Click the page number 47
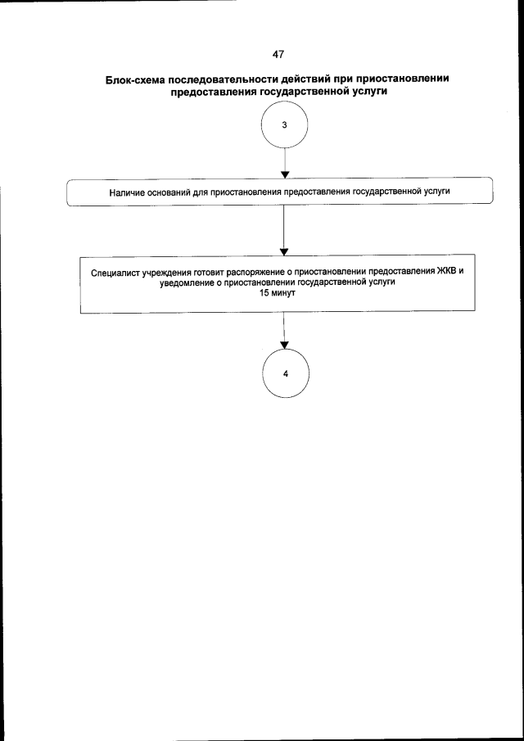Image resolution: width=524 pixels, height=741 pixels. (x=278, y=53)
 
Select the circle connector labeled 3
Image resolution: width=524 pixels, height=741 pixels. (x=283, y=127)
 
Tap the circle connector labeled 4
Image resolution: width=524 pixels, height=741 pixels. (x=284, y=373)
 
